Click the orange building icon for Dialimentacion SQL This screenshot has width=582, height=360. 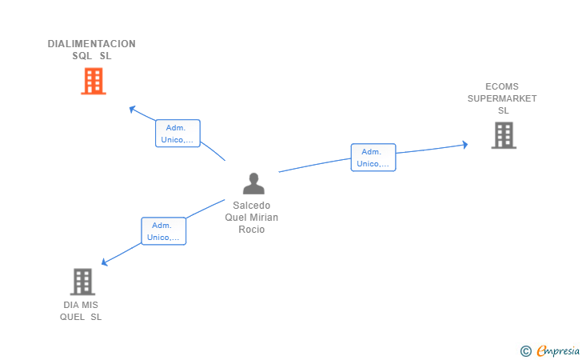pyautogui.click(x=94, y=81)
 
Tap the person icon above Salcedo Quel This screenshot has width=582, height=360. pyautogui.click(x=253, y=184)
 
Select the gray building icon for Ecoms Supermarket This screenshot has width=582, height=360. pyautogui.click(x=504, y=135)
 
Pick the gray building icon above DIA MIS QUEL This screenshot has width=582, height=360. pyautogui.click(x=82, y=282)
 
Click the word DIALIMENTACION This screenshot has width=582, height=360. pyautogui.click(x=91, y=44)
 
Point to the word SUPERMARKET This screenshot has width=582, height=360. pyautogui.click(x=502, y=98)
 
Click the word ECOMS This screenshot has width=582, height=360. pyautogui.click(x=502, y=86)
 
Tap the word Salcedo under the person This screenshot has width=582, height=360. pyautogui.click(x=251, y=206)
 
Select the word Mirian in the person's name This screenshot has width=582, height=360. pyautogui.click(x=265, y=218)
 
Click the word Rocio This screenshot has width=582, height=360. pyautogui.click(x=251, y=230)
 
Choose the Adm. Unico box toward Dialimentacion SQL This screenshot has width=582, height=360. pyautogui.click(x=177, y=134)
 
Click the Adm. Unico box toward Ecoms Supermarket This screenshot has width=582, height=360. pyautogui.click(x=373, y=158)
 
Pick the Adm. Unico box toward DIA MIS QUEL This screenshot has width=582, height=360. pyautogui.click(x=164, y=231)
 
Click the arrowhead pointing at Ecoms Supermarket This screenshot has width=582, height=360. pyautogui.click(x=464, y=145)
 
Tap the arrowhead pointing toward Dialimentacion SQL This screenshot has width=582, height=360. pyautogui.click(x=133, y=109)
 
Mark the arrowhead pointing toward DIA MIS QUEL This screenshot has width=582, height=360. pyautogui.click(x=104, y=262)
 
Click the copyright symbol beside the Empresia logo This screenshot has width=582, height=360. pyautogui.click(x=525, y=350)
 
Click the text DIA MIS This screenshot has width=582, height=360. pyautogui.click(x=80, y=305)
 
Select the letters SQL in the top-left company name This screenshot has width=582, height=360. pyautogui.click(x=82, y=56)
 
